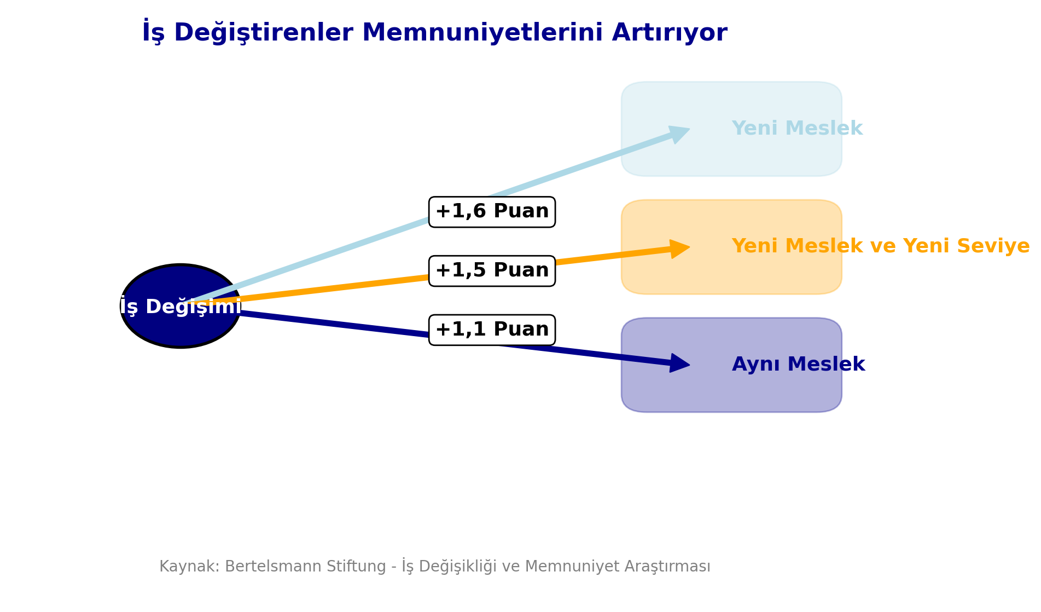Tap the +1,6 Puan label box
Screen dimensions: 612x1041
(492, 212)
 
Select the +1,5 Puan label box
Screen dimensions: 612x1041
(492, 271)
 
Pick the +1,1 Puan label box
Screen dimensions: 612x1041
(492, 330)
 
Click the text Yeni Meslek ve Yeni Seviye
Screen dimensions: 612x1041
(880, 246)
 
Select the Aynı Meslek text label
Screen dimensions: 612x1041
(798, 365)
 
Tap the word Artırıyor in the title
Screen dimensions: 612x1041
(670, 33)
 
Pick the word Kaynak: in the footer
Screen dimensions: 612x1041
(189, 567)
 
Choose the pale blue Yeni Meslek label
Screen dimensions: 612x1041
(797, 129)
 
